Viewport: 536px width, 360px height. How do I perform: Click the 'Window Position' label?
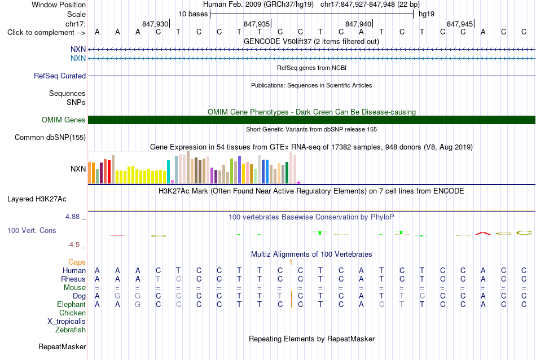59,5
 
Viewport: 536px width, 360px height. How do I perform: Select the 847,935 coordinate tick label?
256,24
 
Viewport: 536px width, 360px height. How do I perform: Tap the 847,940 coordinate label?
358,24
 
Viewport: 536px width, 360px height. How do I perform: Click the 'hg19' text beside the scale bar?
427,14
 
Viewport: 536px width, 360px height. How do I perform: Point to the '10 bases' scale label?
193,14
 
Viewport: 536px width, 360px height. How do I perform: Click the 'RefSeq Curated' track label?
60,76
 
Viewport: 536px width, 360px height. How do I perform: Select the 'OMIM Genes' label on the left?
64,120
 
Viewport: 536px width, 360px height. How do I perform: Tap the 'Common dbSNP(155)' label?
50,138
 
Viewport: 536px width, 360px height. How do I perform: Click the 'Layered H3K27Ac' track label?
37,199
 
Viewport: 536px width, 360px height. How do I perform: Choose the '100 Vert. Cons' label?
32,230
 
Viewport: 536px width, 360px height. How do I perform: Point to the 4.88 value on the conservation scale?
72,217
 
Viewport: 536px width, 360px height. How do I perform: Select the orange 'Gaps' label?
77,262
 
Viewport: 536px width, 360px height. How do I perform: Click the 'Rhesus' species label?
73,279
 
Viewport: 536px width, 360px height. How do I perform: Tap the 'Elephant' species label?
71,305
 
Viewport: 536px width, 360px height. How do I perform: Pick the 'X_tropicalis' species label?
67,322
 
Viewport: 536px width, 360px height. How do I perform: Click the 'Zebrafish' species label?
71,330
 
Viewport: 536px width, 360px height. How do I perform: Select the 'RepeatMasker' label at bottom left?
62,347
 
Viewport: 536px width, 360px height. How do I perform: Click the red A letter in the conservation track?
483,233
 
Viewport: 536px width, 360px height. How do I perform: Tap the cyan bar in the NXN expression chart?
168,172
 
